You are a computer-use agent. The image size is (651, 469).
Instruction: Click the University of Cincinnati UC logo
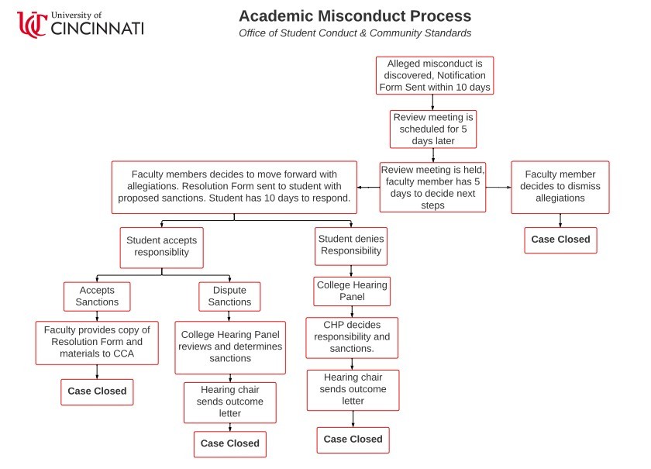(33, 24)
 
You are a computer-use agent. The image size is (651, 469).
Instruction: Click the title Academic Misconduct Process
(354, 16)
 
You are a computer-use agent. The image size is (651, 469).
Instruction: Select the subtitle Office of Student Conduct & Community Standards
(354, 33)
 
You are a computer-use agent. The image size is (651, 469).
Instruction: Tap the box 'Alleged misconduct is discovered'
(434, 76)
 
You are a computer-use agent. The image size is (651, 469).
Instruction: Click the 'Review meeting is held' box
(432, 187)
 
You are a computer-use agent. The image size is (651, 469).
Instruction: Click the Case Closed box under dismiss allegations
(560, 240)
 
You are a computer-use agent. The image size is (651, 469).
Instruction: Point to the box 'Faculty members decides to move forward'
(234, 187)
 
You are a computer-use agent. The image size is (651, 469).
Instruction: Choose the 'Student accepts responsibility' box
(162, 247)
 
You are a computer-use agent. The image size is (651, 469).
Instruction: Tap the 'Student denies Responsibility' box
(351, 246)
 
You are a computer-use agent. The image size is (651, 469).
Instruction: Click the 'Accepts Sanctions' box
(97, 296)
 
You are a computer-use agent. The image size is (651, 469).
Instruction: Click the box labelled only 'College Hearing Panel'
(351, 291)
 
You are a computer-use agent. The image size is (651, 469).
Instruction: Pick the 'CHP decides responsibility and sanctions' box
(352, 337)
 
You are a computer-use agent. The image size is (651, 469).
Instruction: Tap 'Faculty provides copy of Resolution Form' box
(97, 343)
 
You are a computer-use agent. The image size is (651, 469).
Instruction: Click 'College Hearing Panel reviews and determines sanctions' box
(230, 347)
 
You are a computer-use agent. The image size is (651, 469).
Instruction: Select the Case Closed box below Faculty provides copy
(97, 391)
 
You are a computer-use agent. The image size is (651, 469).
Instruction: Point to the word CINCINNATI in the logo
(97, 29)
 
